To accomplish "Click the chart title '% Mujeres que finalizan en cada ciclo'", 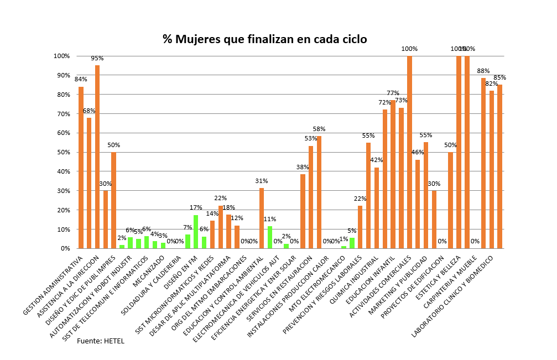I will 264,39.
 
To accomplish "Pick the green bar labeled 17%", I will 196,232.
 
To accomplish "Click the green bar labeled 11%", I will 270,237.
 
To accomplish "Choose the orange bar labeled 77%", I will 393,174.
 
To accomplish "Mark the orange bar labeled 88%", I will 483,163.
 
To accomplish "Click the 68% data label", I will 89,111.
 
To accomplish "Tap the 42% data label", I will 377,160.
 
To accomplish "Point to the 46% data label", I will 418,153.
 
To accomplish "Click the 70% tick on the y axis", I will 61,114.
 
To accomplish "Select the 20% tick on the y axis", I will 61,210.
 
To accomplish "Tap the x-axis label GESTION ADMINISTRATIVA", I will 54,285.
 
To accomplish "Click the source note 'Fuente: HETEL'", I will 100,341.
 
